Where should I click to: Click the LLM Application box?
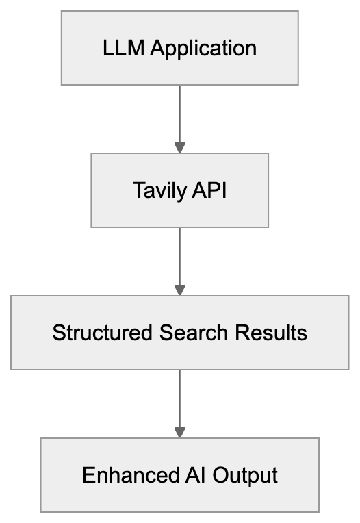click(179, 48)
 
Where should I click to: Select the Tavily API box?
click(179, 190)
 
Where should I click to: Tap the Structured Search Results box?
click(179, 333)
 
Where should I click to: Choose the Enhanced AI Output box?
click(179, 475)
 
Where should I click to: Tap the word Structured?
click(102, 333)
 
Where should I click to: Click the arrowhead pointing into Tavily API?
click(179, 148)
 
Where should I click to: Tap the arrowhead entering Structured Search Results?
click(179, 290)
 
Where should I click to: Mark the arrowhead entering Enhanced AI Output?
click(179, 433)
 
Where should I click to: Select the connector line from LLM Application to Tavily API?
click(179, 113)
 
